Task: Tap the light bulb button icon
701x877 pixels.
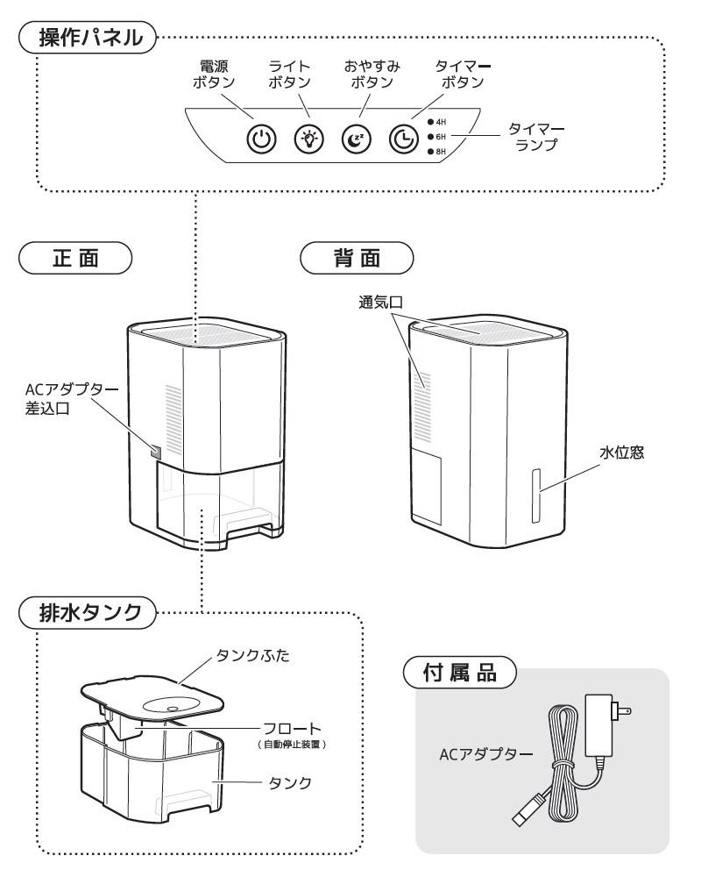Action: click(309, 139)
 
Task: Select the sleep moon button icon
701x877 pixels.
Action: click(358, 139)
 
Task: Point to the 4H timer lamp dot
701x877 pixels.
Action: click(430, 123)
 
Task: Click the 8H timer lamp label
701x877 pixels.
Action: click(441, 153)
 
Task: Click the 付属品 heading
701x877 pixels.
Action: click(461, 675)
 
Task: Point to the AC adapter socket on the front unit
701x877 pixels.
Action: click(156, 453)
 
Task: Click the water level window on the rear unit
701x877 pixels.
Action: click(536, 494)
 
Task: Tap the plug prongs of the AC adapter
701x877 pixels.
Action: click(624, 710)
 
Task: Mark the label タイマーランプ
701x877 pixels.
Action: click(533, 137)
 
